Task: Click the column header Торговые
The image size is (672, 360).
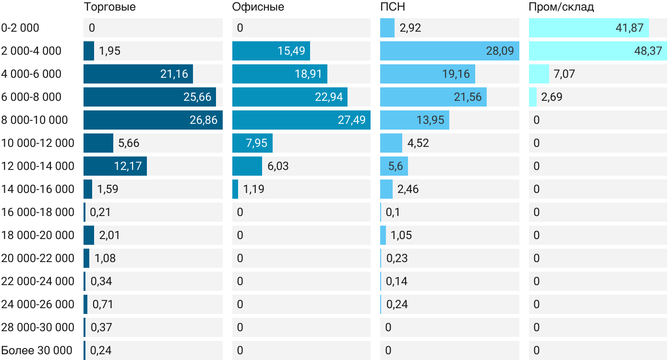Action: [109, 7]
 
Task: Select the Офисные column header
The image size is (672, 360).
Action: [258, 7]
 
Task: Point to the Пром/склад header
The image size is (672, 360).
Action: [561, 7]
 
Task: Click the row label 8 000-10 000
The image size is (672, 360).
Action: [35, 120]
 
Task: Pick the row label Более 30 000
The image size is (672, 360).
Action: [37, 350]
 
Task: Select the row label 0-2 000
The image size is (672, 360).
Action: [20, 28]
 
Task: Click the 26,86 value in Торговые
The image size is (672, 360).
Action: [204, 120]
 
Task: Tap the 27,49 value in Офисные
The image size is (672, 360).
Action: [351, 120]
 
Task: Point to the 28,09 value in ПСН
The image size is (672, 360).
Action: [500, 51]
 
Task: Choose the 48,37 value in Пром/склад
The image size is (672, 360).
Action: [648, 51]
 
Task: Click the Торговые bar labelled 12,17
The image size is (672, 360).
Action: [115, 166]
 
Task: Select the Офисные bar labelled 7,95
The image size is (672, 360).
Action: [252, 143]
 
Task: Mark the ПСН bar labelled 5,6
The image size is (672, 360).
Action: [394, 166]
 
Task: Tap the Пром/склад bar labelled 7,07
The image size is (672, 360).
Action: [539, 74]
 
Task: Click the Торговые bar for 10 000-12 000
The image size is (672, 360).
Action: [98, 143]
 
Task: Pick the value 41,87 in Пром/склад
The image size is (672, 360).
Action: [629, 28]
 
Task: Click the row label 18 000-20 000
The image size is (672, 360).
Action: [38, 235]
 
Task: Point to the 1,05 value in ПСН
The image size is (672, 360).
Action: [401, 235]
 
